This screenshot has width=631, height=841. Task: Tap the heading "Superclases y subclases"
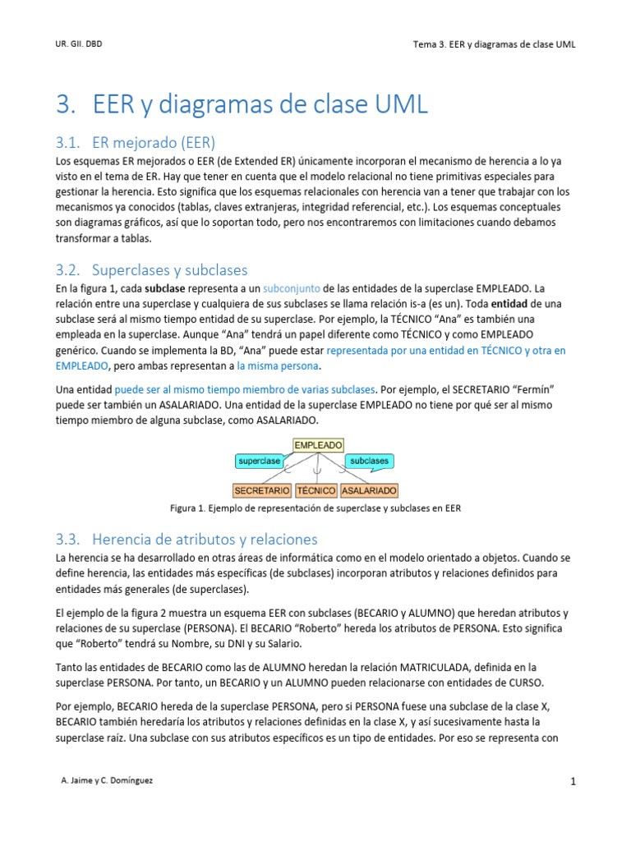point(170,270)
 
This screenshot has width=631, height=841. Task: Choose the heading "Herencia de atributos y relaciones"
point(205,540)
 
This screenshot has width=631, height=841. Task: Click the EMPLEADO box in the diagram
point(318,445)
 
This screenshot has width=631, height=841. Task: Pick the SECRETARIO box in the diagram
point(262,490)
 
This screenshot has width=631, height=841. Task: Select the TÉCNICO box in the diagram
point(316,490)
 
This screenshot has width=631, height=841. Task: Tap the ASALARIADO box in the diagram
point(369,490)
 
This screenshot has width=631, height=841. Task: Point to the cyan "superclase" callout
point(260,462)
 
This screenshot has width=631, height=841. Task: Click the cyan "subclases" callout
point(369,462)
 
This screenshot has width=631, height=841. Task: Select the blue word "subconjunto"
point(292,289)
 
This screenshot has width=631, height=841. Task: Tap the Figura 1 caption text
point(315,508)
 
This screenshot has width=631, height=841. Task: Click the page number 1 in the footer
point(573,782)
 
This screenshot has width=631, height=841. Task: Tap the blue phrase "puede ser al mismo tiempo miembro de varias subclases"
point(245,388)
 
